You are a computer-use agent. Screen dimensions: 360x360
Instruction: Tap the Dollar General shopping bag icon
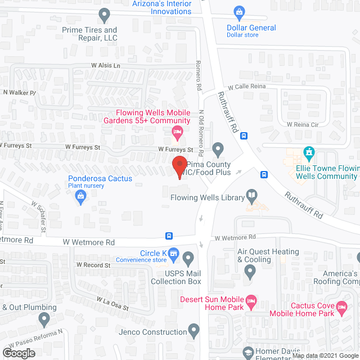(x=239, y=11)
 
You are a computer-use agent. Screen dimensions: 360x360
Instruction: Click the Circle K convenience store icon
(x=174, y=255)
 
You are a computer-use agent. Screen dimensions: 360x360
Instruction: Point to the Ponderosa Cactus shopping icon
(x=81, y=196)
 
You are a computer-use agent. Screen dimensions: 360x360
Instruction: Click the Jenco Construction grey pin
(x=195, y=332)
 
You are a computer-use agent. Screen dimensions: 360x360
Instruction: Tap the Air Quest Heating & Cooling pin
(x=250, y=272)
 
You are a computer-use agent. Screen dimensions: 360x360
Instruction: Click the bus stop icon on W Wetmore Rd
(x=169, y=236)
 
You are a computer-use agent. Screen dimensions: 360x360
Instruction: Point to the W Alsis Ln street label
(x=106, y=65)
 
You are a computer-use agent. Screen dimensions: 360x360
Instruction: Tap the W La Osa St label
(x=112, y=303)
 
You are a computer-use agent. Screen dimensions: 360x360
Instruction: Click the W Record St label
(x=93, y=264)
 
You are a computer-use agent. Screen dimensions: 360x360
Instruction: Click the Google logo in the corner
(x=18, y=353)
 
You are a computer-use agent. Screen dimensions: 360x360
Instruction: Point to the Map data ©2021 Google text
(x=331, y=355)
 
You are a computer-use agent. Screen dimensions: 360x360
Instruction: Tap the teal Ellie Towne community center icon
(x=308, y=152)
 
